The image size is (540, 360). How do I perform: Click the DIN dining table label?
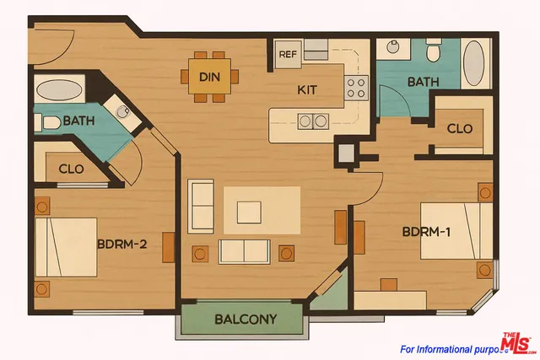click(x=210, y=78)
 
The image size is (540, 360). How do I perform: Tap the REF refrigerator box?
click(x=286, y=55)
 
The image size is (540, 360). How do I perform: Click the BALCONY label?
click(x=246, y=320)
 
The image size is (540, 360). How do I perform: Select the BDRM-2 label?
click(x=122, y=245)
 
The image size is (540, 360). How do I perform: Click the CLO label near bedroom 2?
click(x=71, y=169)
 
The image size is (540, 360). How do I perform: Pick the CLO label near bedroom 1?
click(x=459, y=129)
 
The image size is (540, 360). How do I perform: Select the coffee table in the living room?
click(x=249, y=211)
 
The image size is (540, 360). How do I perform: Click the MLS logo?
click(x=519, y=344)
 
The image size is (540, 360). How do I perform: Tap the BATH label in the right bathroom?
click(x=422, y=82)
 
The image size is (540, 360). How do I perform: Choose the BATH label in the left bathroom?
click(x=78, y=121)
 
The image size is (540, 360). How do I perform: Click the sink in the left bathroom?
click(x=123, y=111)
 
